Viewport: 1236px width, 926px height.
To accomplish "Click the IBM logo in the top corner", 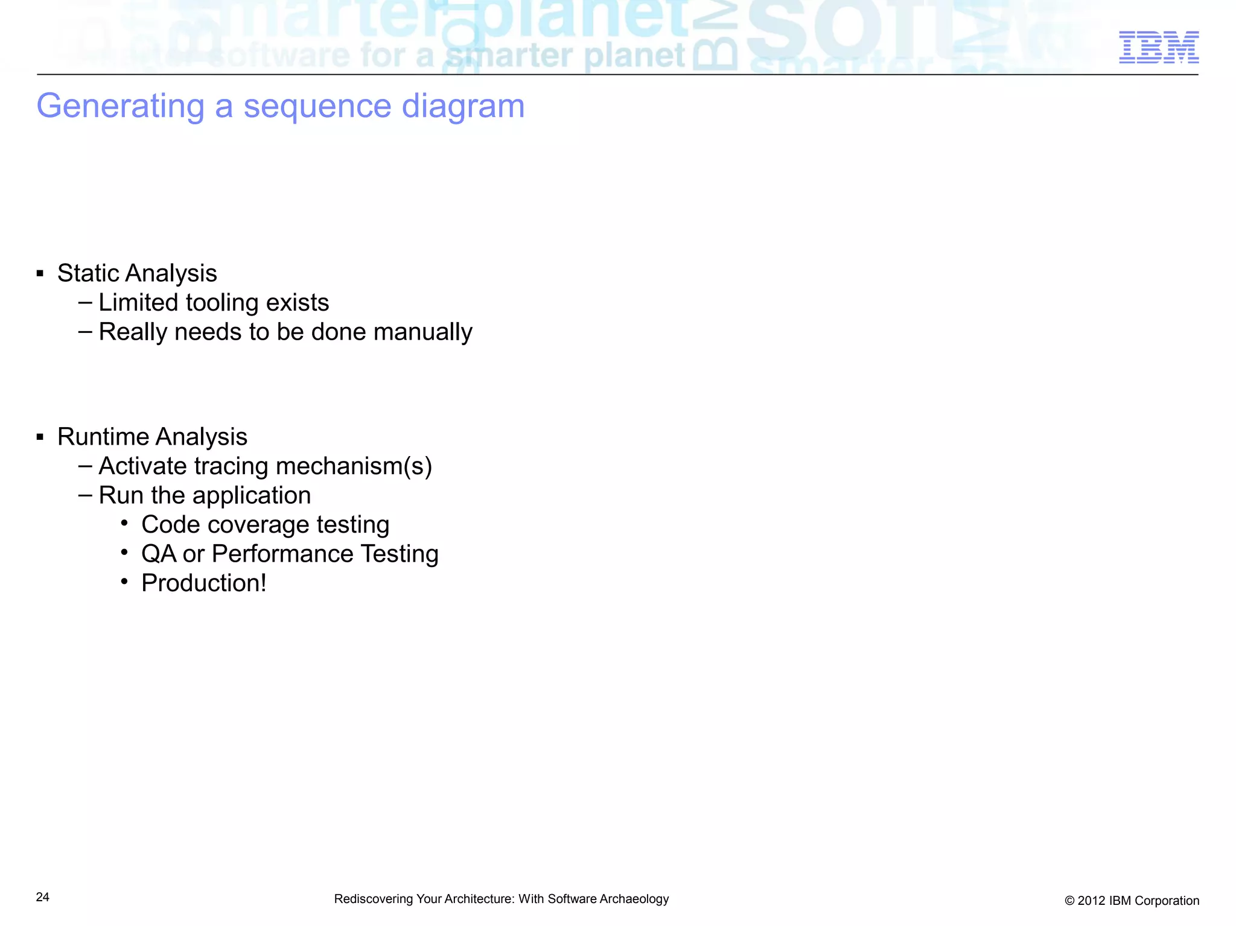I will point(1159,47).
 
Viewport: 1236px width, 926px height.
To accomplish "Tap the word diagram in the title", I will point(463,106).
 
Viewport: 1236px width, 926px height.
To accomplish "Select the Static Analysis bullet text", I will point(137,273).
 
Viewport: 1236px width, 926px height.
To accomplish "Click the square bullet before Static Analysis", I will point(40,274).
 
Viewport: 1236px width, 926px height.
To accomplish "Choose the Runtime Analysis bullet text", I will point(152,437).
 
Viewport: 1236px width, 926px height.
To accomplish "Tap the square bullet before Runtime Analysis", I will point(40,437).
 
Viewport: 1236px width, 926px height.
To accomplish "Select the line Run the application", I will point(205,495).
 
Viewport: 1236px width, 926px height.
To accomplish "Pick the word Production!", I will point(203,583).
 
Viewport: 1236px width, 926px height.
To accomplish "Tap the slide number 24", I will point(43,897).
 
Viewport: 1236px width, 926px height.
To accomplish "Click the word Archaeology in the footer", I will point(634,899).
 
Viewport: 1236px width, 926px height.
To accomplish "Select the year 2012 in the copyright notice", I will point(1091,901).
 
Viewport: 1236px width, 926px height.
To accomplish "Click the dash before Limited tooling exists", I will point(85,302).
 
